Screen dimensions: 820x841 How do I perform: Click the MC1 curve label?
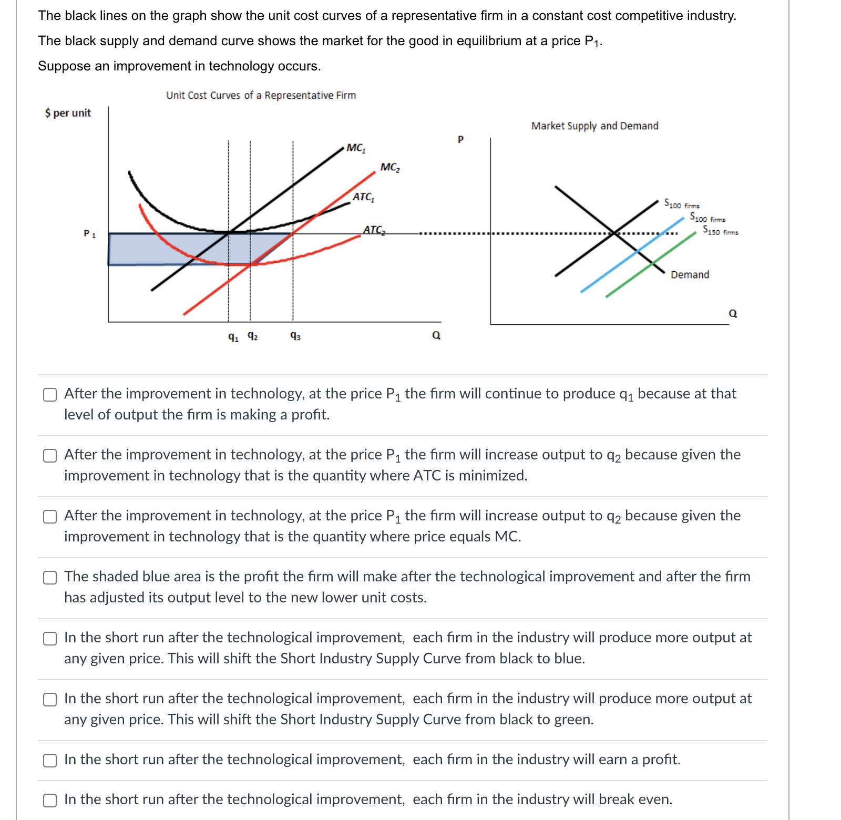(x=356, y=148)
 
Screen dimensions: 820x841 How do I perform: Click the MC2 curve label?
(x=390, y=167)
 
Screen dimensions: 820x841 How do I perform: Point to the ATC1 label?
(x=363, y=197)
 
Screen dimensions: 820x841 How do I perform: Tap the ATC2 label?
(x=374, y=230)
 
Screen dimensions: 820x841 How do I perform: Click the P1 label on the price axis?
(x=89, y=233)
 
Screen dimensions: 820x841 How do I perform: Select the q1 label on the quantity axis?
(x=233, y=336)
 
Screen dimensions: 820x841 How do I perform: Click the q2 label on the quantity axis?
(x=252, y=335)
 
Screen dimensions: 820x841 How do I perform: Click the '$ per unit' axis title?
(x=68, y=113)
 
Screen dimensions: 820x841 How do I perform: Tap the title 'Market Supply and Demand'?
(x=594, y=126)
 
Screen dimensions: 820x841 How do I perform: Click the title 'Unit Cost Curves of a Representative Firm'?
(x=261, y=95)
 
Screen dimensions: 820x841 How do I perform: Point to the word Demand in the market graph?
(x=690, y=274)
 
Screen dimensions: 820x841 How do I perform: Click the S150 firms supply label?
(x=720, y=230)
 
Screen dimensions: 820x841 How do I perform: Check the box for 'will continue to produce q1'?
(x=50, y=395)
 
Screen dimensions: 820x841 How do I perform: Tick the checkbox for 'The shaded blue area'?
(x=50, y=578)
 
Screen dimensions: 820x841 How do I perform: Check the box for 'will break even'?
(x=50, y=801)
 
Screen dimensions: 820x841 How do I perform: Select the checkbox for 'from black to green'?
(x=50, y=700)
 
